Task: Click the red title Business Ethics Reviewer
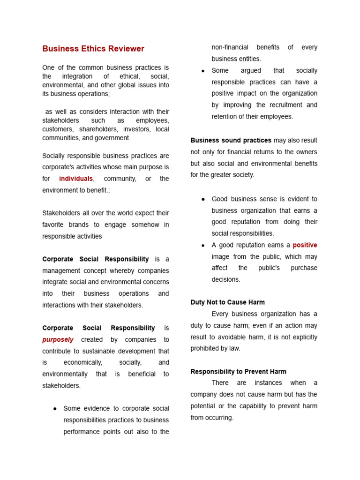pos(93,49)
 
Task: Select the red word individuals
pos(76,179)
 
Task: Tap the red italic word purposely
pos(58,339)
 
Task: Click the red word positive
pos(305,245)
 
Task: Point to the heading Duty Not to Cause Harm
pos(227,302)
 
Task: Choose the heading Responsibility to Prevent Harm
pos(238,372)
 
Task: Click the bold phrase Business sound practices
pos(231,140)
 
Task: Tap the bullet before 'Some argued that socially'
pos(203,71)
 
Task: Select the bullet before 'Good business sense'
pos(203,199)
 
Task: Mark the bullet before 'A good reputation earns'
pos(203,245)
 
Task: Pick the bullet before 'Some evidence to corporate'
pos(55,409)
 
